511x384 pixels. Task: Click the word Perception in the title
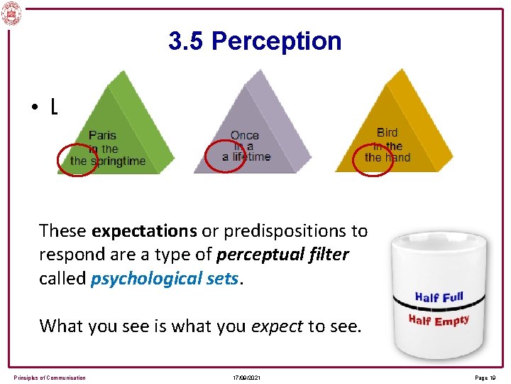pos(276,41)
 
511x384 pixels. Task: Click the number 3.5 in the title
pos(187,41)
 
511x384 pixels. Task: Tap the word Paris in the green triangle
pos(103,135)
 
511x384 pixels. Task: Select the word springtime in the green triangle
pos(117,161)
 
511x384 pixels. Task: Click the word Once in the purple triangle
pos(245,135)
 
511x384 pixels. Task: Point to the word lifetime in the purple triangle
pos(251,157)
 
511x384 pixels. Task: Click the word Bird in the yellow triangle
pos(388,132)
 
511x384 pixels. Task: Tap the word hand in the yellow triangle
pos(398,158)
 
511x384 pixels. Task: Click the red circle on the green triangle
pos(77,159)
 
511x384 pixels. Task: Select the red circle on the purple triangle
pos(225,155)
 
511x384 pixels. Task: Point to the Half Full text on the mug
pos(439,297)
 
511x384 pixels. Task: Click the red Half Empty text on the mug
pos(439,321)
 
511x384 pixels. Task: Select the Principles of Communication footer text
pos(50,378)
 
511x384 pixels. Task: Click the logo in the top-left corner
pos(11,12)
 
